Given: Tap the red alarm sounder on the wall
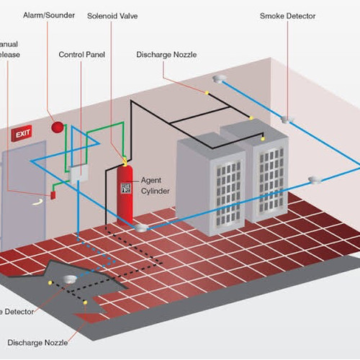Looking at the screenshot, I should click(x=55, y=127).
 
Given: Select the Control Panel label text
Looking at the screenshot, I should click(x=81, y=54).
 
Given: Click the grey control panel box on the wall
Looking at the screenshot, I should click(x=78, y=174).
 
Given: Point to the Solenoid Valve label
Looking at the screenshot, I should click(x=115, y=14).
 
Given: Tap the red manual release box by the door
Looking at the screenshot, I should click(x=53, y=195).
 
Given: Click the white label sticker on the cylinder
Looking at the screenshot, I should click(x=126, y=189).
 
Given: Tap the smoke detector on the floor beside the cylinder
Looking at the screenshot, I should click(x=142, y=228).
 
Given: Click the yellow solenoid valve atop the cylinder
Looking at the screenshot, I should click(x=124, y=160).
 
